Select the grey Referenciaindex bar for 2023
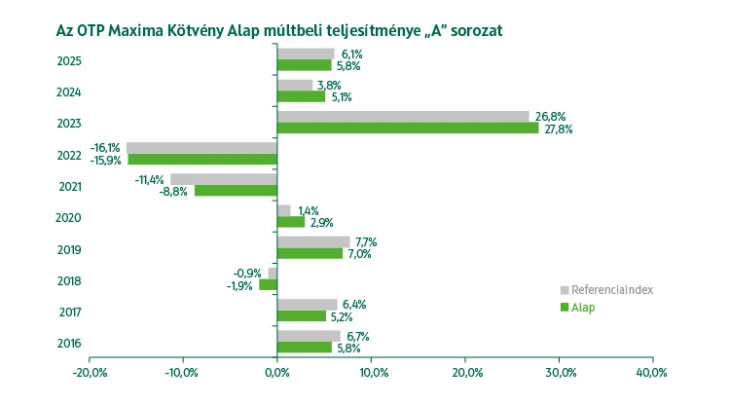click(x=403, y=116)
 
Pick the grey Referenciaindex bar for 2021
click(x=224, y=179)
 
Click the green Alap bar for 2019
click(x=310, y=253)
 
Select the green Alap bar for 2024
click(x=301, y=96)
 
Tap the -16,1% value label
click(x=105, y=147)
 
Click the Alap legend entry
click(x=583, y=308)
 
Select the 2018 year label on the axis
click(x=69, y=281)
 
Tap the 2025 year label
click(x=69, y=61)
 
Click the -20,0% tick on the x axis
click(x=90, y=373)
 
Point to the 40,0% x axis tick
click(x=651, y=373)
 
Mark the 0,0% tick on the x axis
click(x=277, y=373)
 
